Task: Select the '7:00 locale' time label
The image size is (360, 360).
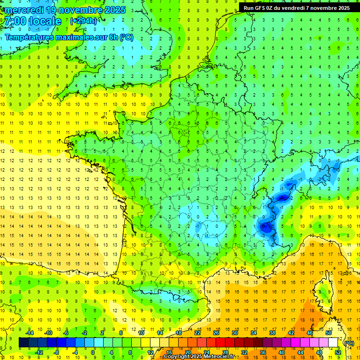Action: pos(33,21)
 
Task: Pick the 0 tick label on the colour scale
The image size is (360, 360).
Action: pos(93,352)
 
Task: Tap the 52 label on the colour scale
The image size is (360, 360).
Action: pos(338,352)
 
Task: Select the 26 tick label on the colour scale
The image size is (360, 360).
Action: pos(216,333)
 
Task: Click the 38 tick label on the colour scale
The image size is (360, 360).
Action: pos(272,333)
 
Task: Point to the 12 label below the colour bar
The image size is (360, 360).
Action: pos(150,352)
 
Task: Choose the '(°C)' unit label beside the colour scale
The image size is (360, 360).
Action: pos(349,343)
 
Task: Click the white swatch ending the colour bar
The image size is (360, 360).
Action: pos(333,343)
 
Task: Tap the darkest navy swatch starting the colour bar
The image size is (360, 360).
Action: pos(23,343)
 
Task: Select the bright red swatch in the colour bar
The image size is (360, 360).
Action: pos(220,343)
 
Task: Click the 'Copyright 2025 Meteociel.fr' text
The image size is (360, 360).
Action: pos(199,357)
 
